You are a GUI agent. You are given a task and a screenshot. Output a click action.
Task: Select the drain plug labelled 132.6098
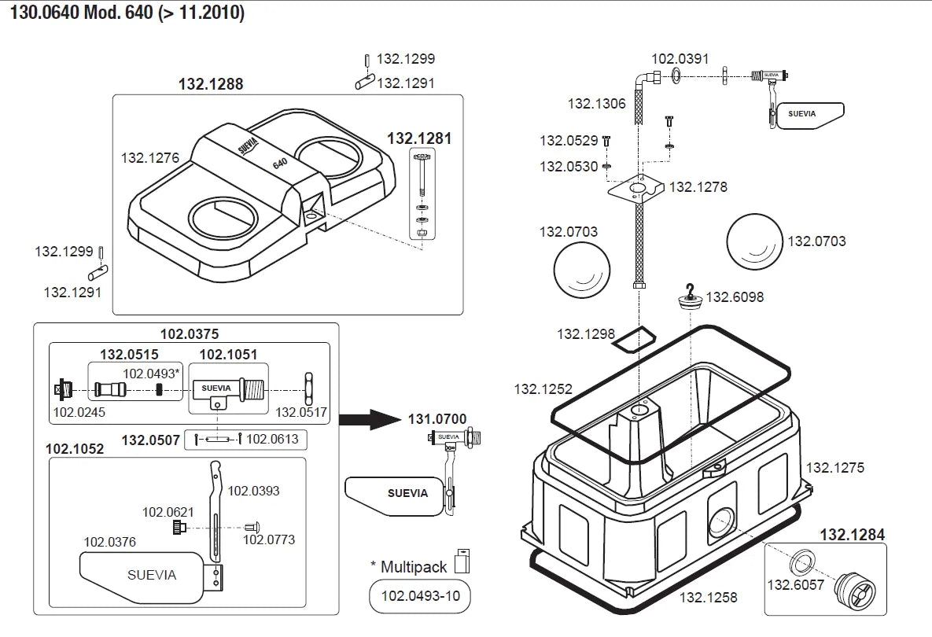[691, 300]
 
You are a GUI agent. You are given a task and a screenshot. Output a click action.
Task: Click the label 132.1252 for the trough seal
[543, 388]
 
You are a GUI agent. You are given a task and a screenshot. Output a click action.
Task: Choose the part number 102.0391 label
[680, 58]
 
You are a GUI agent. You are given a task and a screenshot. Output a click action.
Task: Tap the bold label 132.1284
[852, 535]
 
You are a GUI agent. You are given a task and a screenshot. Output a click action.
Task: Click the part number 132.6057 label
[794, 584]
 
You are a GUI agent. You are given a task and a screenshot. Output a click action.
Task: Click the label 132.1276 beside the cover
[150, 157]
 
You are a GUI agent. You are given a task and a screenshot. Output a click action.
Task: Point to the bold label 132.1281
[419, 138]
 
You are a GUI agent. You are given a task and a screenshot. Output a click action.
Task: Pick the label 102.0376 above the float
[110, 541]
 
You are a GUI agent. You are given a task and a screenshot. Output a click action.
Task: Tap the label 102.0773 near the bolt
[269, 539]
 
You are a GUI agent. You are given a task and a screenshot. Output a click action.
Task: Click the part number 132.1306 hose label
[597, 103]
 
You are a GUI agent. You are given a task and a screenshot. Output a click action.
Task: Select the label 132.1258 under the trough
[709, 598]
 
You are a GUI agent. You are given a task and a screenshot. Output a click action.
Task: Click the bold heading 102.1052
[75, 449]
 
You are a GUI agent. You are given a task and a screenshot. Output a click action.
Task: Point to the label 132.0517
[301, 411]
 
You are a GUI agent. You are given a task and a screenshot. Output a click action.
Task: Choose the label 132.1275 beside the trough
[834, 468]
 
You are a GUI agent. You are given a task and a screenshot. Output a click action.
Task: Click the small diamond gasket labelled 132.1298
[634, 338]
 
